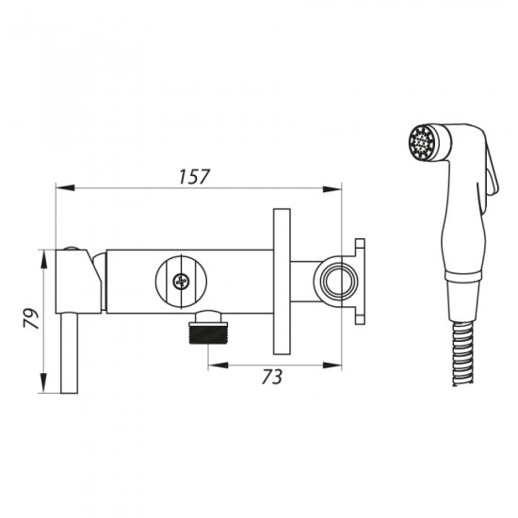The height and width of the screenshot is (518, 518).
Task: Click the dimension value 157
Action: tap(194, 177)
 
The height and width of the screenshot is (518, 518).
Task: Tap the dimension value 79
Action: tap(31, 318)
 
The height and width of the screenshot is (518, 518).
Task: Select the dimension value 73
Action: tap(272, 377)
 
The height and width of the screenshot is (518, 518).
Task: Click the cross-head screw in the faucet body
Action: tap(182, 282)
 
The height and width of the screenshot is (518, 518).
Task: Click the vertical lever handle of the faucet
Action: tap(70, 353)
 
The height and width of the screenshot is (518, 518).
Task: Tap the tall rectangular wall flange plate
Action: tap(282, 282)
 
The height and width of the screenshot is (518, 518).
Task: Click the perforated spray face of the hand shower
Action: tap(420, 143)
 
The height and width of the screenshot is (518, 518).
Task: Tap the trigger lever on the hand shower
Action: tap(492, 171)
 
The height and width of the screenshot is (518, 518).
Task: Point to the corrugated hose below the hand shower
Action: tap(462, 353)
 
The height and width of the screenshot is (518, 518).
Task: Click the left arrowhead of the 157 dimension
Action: tap(65, 188)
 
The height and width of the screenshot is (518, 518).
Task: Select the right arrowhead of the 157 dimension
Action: tap(332, 189)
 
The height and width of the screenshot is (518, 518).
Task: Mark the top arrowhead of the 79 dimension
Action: tap(43, 259)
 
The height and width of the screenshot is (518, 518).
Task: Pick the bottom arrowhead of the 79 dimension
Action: tap(43, 383)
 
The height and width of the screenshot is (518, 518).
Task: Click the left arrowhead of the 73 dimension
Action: tap(218, 365)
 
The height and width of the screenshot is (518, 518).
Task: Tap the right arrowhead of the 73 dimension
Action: tap(332, 365)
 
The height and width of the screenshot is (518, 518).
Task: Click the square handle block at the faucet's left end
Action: tap(78, 282)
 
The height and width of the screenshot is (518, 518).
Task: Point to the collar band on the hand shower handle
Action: tap(462, 276)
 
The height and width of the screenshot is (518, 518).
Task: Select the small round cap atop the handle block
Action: tap(71, 249)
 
